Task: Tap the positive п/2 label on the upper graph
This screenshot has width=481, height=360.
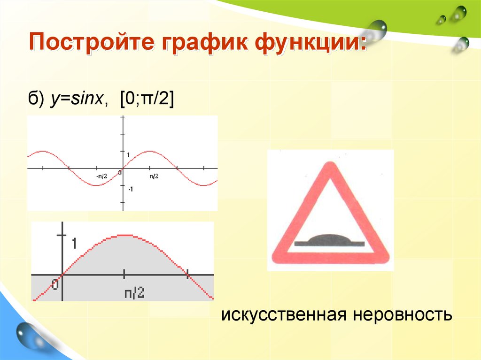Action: pyautogui.click(x=154, y=176)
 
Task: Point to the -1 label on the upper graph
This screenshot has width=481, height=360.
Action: pyautogui.click(x=130, y=189)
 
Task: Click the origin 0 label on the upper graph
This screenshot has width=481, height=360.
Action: pyautogui.click(x=120, y=173)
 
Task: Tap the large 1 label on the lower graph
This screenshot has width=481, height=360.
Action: pyautogui.click(x=74, y=243)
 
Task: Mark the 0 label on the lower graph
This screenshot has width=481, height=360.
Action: pyautogui.click(x=55, y=284)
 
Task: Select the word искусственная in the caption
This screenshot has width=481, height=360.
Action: pyautogui.click(x=283, y=314)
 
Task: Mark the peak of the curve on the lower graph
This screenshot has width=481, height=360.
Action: pyautogui.click(x=124, y=234)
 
